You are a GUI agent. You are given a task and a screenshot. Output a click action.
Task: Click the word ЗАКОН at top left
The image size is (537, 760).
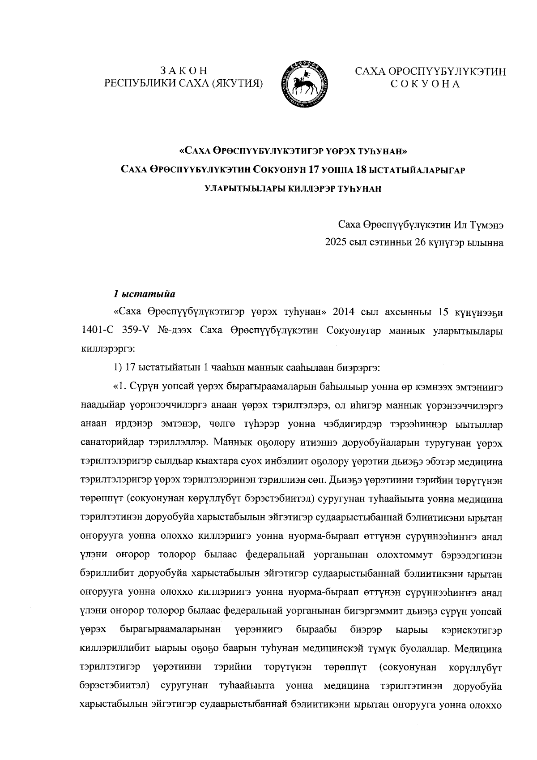[x=184, y=71]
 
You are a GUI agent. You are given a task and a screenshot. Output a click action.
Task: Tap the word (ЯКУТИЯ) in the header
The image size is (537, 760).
[x=237, y=83]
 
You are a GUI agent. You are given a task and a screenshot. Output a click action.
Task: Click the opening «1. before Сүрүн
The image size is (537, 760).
[x=120, y=386]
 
